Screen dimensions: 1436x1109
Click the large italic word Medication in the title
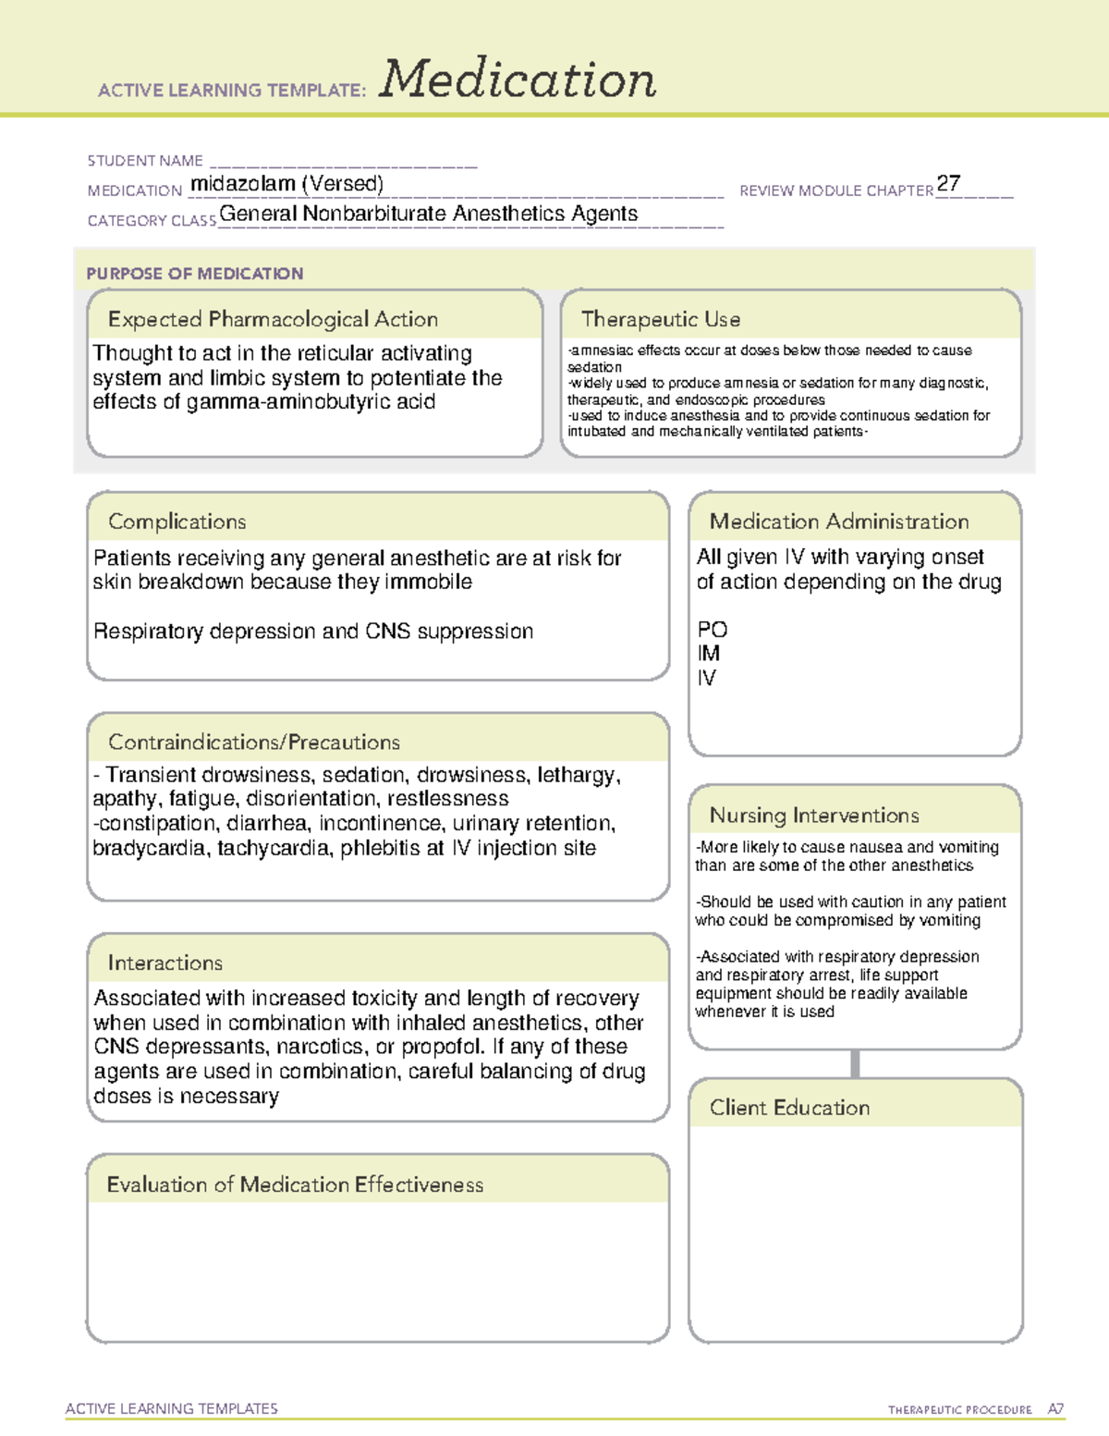click(x=517, y=80)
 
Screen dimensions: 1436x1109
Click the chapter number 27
click(x=948, y=183)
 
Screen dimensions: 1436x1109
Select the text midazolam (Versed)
click(x=286, y=184)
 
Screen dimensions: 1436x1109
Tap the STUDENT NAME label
click(x=145, y=161)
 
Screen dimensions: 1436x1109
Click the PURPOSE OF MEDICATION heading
click(x=194, y=274)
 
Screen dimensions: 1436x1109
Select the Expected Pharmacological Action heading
click(x=273, y=319)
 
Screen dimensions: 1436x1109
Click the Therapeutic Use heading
click(x=660, y=319)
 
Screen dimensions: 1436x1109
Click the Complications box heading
click(x=177, y=522)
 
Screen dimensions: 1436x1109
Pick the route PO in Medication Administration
click(x=712, y=630)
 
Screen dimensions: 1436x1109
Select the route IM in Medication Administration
click(x=708, y=654)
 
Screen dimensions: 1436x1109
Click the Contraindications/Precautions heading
click(x=253, y=743)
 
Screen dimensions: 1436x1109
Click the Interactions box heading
click(x=165, y=963)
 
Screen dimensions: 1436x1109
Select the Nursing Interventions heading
click(x=813, y=816)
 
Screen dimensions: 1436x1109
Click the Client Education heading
click(x=789, y=1108)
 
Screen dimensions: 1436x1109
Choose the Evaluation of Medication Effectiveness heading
click(x=295, y=1184)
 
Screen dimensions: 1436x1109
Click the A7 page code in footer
click(x=1054, y=1409)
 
